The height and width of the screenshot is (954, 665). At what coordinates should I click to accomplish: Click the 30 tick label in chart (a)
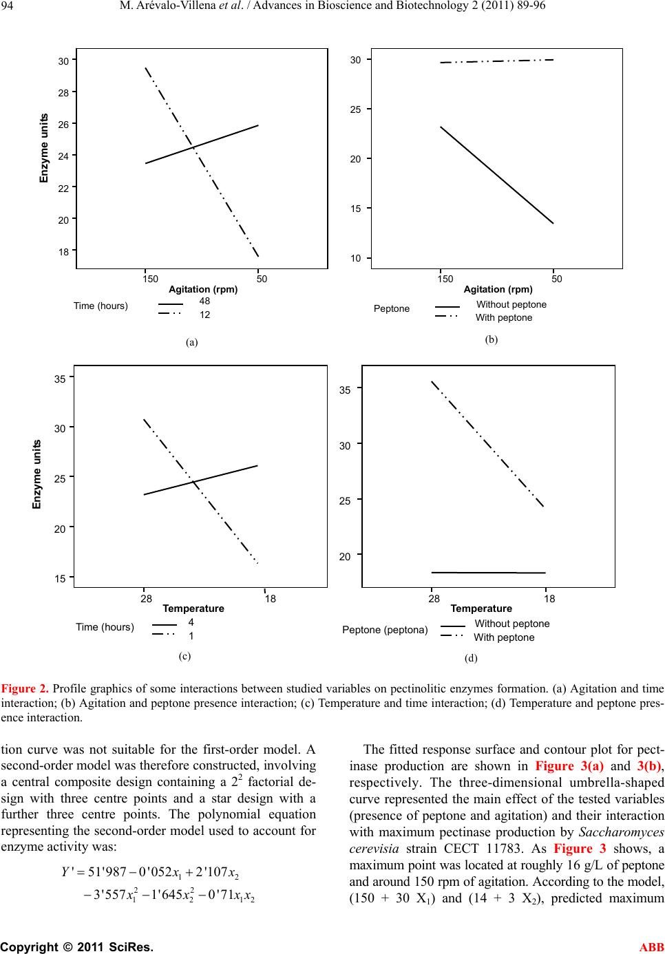coord(63,61)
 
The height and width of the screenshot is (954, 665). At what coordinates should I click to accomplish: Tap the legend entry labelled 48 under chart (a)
coord(204,301)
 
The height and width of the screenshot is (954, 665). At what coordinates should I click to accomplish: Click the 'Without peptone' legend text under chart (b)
coord(511,304)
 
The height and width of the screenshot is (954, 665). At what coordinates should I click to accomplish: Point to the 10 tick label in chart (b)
coord(356,258)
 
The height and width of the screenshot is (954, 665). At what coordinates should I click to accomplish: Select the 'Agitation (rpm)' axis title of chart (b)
coord(498,289)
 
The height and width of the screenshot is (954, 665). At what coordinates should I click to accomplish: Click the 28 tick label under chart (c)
coord(146,599)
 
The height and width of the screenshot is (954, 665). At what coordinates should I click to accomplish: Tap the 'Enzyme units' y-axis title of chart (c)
coord(38,474)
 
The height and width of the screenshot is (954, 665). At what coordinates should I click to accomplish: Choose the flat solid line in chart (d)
coord(488,572)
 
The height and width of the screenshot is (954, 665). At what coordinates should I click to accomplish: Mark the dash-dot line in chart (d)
coord(487,444)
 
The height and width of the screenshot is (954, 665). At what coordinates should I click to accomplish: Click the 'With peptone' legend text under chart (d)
coord(504,637)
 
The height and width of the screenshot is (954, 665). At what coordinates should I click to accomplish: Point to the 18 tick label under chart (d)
coord(549,599)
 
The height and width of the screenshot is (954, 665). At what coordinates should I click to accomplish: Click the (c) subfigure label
coord(184,656)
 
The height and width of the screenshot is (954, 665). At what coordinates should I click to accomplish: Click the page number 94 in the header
coord(12,8)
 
